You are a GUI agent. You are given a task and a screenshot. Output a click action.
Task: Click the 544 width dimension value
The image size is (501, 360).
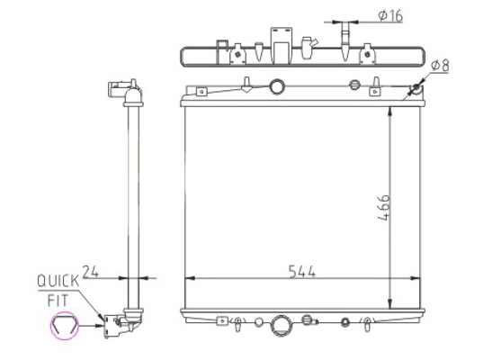[x=302, y=272]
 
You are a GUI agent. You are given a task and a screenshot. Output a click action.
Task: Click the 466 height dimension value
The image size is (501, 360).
[x=383, y=207]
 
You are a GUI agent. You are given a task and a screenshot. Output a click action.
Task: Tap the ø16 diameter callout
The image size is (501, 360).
[x=390, y=15]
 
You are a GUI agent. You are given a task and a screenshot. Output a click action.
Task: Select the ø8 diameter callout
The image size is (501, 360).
[x=440, y=66]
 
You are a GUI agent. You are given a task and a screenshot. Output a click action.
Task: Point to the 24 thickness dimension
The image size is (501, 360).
[x=91, y=272]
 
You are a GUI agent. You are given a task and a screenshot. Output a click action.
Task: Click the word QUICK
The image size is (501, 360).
[x=58, y=281]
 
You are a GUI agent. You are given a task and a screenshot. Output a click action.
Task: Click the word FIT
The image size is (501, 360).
[x=58, y=301]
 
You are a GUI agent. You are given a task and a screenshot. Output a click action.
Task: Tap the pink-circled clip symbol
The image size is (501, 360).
[x=65, y=325]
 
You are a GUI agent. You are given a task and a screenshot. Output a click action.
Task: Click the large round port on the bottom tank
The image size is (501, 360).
[x=282, y=326]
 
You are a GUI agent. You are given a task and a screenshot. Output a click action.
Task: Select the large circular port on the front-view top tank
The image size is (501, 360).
[x=277, y=86]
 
